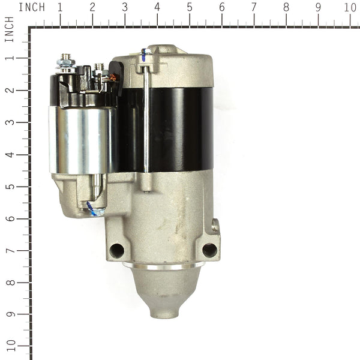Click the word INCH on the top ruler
coord(32,7)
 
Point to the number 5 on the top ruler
coord(189,7)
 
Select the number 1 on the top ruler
coord(59,7)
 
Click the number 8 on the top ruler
coord(286,7)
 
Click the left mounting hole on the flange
coord(117,250)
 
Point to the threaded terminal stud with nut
coord(64,61)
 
